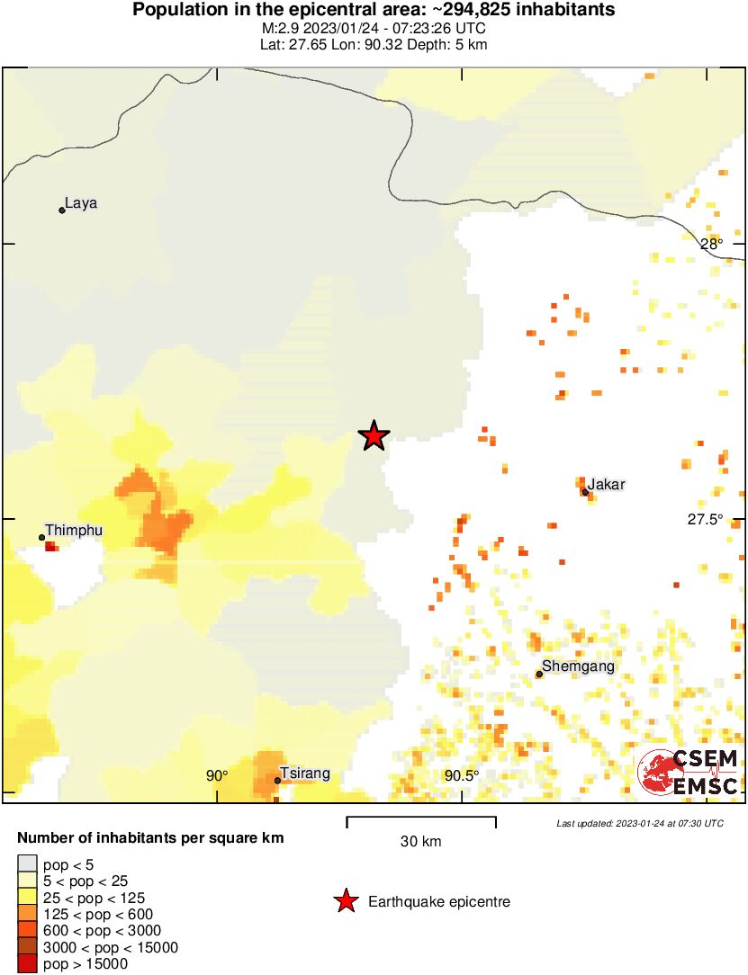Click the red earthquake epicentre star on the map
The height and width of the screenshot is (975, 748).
374,436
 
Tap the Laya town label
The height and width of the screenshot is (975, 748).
81,203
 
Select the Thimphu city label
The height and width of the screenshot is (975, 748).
74,531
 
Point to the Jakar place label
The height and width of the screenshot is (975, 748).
606,485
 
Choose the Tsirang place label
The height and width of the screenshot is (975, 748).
304,774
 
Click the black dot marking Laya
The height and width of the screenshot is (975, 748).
62,210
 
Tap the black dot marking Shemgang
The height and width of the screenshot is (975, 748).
539,674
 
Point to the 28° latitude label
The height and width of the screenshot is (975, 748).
711,244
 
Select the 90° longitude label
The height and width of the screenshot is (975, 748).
217,775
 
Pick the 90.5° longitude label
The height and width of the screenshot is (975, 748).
462,775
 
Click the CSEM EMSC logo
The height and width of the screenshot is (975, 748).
689,773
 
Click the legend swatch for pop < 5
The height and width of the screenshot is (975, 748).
27,865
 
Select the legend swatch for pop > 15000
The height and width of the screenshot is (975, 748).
27,963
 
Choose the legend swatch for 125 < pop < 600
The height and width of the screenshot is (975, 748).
27,914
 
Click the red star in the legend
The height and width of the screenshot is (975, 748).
345,901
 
